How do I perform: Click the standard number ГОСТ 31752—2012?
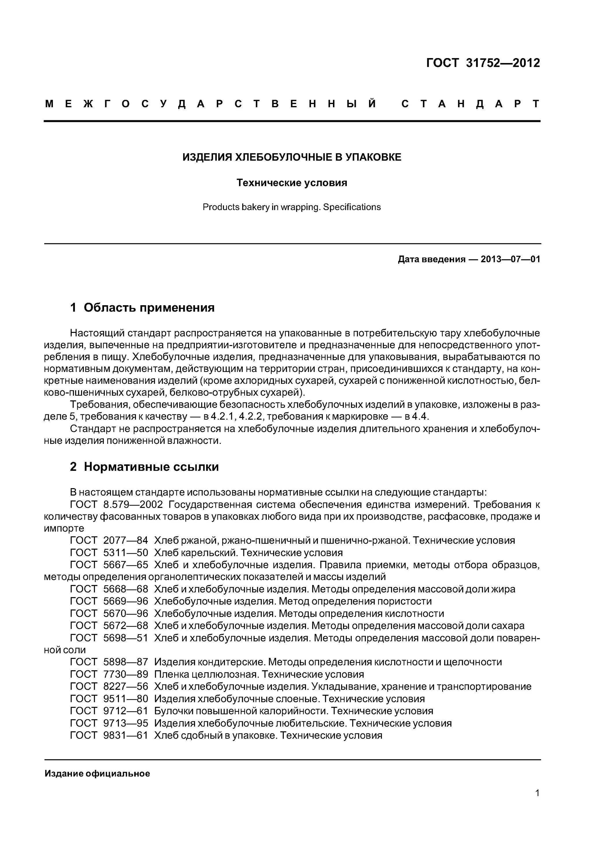(x=483, y=63)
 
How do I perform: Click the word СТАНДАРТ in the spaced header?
(x=470, y=104)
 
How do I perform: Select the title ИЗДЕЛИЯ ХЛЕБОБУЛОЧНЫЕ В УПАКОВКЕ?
(x=292, y=157)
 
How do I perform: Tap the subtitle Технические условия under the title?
(x=292, y=183)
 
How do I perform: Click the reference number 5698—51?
(x=125, y=638)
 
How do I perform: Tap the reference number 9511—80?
(x=125, y=699)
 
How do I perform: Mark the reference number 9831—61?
(x=125, y=735)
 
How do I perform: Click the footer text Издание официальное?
(x=97, y=774)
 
